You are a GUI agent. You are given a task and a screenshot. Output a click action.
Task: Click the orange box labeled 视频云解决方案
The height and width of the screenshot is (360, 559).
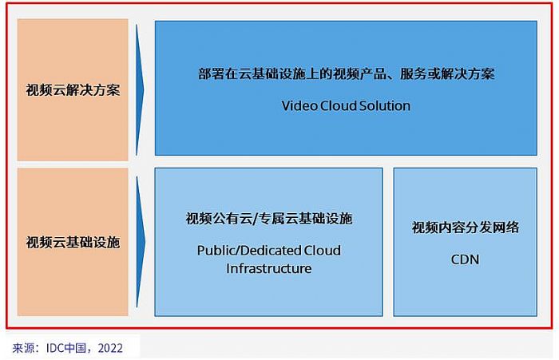point(73,88)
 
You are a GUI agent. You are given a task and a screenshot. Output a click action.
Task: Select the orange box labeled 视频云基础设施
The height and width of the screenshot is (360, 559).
point(73,241)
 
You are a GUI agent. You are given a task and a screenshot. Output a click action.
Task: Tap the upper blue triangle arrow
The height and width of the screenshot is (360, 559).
point(141,88)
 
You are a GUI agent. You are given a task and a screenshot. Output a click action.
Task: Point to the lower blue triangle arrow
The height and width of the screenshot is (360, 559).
point(141,241)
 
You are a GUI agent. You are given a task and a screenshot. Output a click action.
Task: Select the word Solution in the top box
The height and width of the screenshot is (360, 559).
point(384,105)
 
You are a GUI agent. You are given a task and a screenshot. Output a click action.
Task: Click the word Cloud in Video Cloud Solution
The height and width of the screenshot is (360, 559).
point(338,105)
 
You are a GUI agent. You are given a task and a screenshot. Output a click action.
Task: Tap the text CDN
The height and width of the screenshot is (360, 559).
point(465,259)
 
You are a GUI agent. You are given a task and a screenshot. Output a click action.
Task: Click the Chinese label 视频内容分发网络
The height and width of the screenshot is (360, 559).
point(465,227)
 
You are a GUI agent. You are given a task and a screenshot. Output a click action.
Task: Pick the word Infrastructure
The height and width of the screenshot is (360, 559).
point(268,269)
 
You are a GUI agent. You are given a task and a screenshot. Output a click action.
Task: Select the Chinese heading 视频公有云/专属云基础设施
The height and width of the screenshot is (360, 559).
point(268,219)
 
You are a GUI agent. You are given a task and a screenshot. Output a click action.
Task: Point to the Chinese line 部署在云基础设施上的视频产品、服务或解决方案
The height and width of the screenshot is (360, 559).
point(346,73)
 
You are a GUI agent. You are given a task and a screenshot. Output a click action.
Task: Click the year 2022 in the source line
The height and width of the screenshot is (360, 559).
point(111,347)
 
